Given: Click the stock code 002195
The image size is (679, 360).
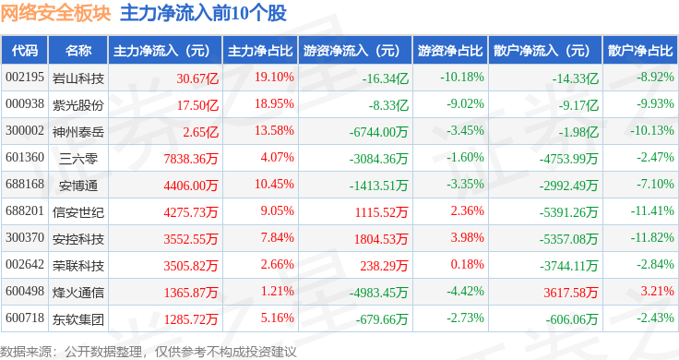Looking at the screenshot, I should tap(25, 77).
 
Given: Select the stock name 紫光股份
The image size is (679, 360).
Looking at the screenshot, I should tap(78, 104).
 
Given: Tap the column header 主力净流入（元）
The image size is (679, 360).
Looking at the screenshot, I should tap(161, 50).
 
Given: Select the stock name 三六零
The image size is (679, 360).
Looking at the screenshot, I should tap(78, 158).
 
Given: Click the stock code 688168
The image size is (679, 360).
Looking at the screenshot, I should tap(25, 185).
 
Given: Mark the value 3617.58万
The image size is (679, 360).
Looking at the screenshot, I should tap(572, 293).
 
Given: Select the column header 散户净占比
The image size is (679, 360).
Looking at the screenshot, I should tap(640, 50).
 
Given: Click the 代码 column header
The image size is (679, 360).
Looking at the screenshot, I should tap(26, 50).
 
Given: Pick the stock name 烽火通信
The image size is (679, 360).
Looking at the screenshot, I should tap(78, 293).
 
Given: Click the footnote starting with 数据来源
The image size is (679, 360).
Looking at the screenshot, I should tap(148, 352).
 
